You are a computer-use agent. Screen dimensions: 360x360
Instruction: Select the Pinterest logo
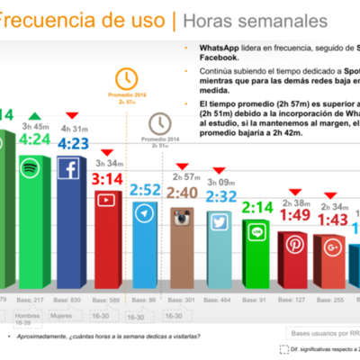(297, 244)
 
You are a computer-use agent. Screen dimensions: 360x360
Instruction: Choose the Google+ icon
(334, 246)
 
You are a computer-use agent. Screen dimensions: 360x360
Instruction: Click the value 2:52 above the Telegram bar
(144, 190)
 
